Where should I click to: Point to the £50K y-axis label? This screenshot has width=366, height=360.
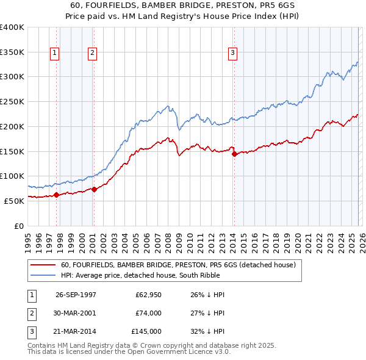pos(13,201)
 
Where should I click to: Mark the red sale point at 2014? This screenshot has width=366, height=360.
pos(234,154)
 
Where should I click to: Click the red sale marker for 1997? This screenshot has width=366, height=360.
pos(57,195)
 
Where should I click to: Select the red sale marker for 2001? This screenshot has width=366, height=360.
pos(94,189)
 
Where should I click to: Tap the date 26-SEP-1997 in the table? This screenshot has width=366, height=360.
pos(76,295)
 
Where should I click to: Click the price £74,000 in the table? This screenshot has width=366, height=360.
pos(148,313)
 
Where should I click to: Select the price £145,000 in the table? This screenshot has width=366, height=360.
pos(146,331)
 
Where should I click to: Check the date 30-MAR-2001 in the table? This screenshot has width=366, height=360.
pos(76,313)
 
